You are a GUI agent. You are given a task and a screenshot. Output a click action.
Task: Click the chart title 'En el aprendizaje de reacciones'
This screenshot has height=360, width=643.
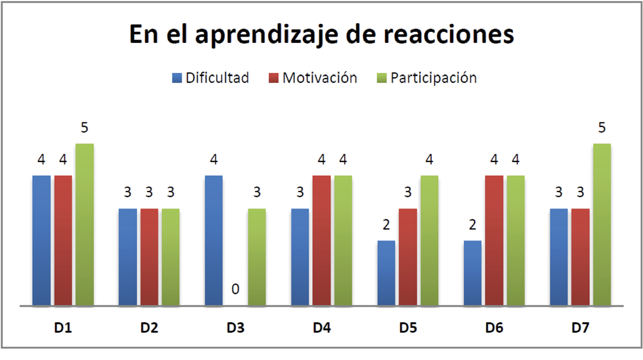point(321,34)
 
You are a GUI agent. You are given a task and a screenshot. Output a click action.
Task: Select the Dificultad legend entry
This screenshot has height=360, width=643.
point(210,78)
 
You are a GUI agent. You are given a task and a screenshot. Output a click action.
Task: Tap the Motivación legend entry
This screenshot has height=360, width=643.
point(313,78)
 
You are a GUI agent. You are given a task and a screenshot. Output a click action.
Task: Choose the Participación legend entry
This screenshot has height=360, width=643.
point(427,78)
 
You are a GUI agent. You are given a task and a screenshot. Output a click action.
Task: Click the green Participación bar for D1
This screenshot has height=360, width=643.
point(85,224)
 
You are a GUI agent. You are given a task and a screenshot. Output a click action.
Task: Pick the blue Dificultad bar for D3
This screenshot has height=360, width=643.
point(214,240)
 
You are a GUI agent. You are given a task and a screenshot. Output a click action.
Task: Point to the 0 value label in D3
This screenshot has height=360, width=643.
point(236,289)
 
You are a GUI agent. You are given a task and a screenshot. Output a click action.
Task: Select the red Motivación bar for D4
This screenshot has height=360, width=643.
point(321,240)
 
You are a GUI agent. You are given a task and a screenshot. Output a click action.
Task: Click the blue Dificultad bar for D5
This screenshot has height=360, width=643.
point(386,273)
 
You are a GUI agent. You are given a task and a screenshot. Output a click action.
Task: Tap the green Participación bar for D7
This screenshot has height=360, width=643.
point(602,224)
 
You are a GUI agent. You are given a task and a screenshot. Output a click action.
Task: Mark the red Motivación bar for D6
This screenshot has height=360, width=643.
point(494,240)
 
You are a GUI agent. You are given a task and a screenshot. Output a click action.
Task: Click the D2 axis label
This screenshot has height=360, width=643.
point(149,328)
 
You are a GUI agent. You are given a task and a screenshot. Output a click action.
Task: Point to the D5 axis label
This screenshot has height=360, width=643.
point(407,328)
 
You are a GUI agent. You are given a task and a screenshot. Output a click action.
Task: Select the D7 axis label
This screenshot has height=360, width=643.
point(579,328)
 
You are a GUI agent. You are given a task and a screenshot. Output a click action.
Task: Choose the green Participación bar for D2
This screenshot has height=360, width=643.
point(171,257)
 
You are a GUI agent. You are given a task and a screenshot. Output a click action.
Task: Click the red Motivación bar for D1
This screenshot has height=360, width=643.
point(63,240)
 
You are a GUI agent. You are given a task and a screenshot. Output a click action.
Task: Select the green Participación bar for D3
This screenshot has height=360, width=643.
point(257,257)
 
